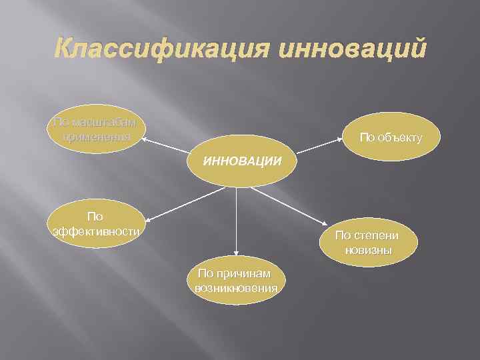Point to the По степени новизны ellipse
point(367,242)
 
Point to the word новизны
point(368,251)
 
